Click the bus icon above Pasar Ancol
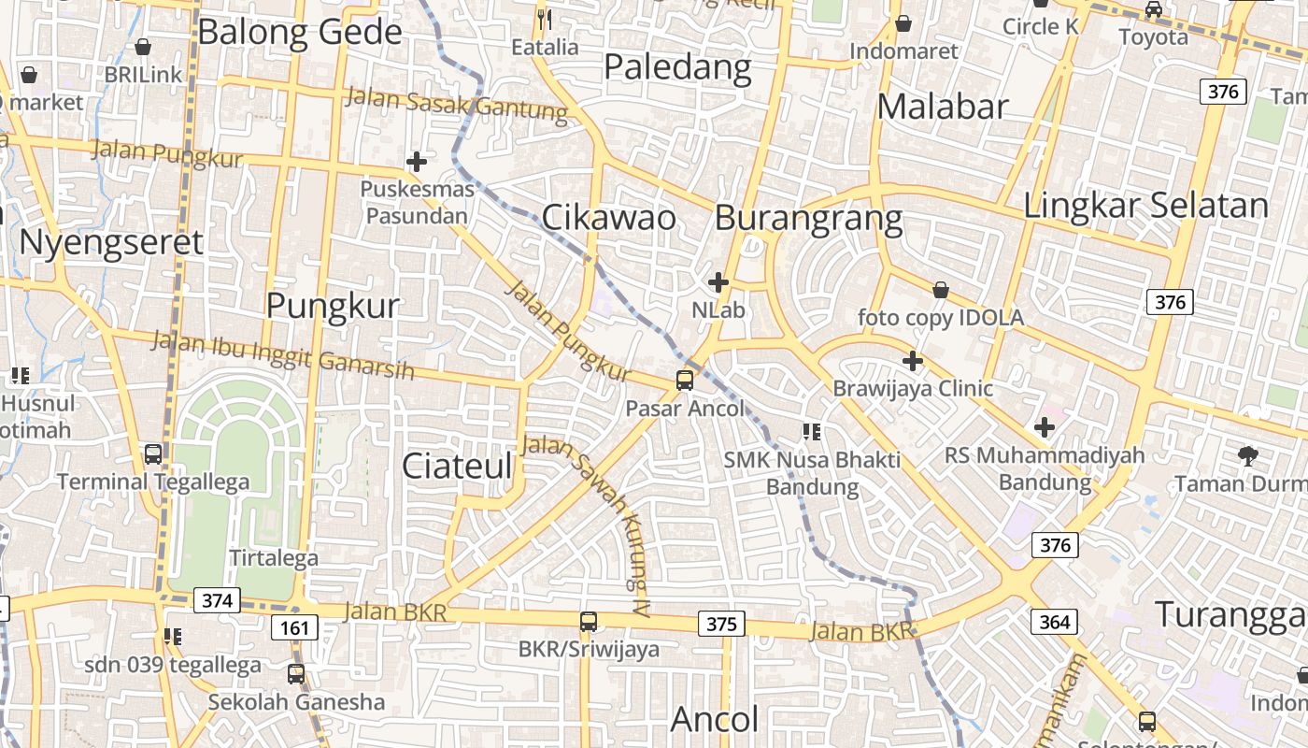click(x=685, y=380)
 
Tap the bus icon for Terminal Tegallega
click(x=153, y=454)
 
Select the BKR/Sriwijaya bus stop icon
click(x=589, y=621)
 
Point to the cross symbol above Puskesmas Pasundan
click(x=417, y=162)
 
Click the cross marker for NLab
click(x=718, y=281)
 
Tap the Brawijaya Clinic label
click(x=913, y=387)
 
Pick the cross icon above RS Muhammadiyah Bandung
click(x=1045, y=428)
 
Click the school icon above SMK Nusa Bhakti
click(x=812, y=431)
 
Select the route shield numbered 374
click(x=217, y=600)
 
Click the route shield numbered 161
click(x=294, y=627)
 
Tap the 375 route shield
click(x=721, y=624)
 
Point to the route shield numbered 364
click(x=1055, y=621)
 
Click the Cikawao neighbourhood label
click(x=608, y=217)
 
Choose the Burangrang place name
click(x=808, y=218)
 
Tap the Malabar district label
click(x=943, y=107)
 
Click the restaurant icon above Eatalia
click(x=545, y=19)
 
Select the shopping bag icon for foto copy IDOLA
click(x=941, y=291)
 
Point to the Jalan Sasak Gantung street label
click(x=456, y=104)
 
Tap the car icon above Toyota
click(x=1154, y=10)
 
